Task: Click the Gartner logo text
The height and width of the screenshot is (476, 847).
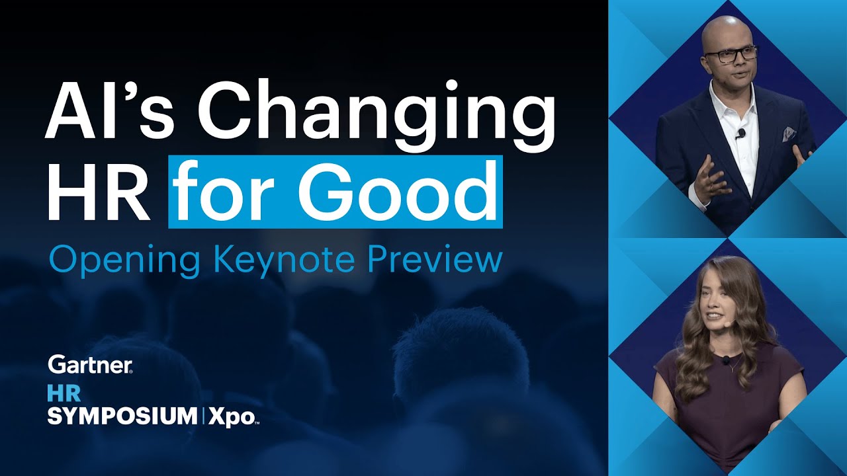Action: tap(90, 365)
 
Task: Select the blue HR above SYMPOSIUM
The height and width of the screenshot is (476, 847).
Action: tap(64, 393)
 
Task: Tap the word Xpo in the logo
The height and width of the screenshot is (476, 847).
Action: tap(232, 417)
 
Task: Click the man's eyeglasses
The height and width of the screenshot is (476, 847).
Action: tap(735, 55)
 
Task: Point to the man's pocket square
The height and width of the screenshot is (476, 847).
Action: tap(789, 134)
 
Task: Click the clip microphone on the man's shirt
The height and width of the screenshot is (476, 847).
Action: tap(741, 134)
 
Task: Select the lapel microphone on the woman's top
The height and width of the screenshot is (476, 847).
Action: tap(726, 361)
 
